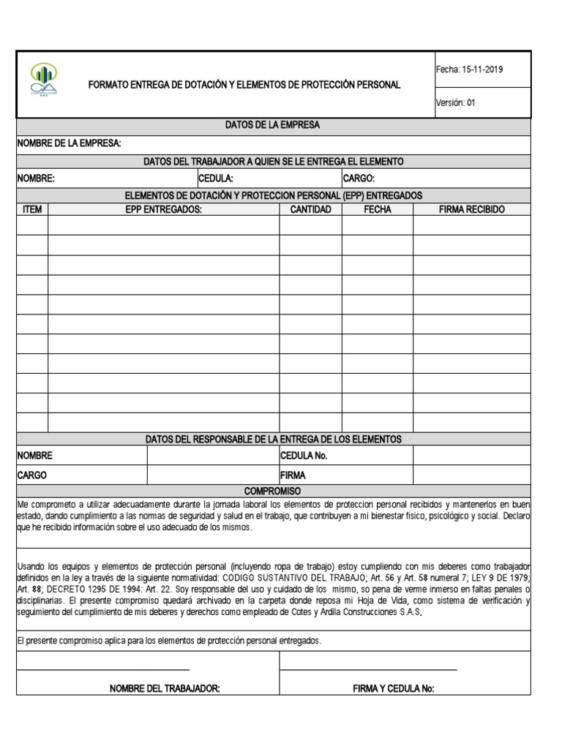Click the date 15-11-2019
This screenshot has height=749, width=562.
481,70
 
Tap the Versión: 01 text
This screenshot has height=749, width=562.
456,103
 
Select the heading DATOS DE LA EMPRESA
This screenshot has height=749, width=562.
272,126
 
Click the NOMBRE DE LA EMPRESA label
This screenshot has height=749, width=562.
70,143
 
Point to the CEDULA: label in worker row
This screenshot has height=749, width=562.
216,178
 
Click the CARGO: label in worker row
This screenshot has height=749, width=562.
359,178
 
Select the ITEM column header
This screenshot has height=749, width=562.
33,210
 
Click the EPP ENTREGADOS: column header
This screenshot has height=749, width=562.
163,210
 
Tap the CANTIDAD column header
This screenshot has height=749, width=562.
311,210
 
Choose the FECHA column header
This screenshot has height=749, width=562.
378,210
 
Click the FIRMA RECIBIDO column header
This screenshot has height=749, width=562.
472,210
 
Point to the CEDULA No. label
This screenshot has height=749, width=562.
304,456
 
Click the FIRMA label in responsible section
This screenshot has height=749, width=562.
293,475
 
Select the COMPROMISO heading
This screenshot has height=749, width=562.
272,491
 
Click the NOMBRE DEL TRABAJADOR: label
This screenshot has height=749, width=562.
165,689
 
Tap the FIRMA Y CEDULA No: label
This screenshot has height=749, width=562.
394,689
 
